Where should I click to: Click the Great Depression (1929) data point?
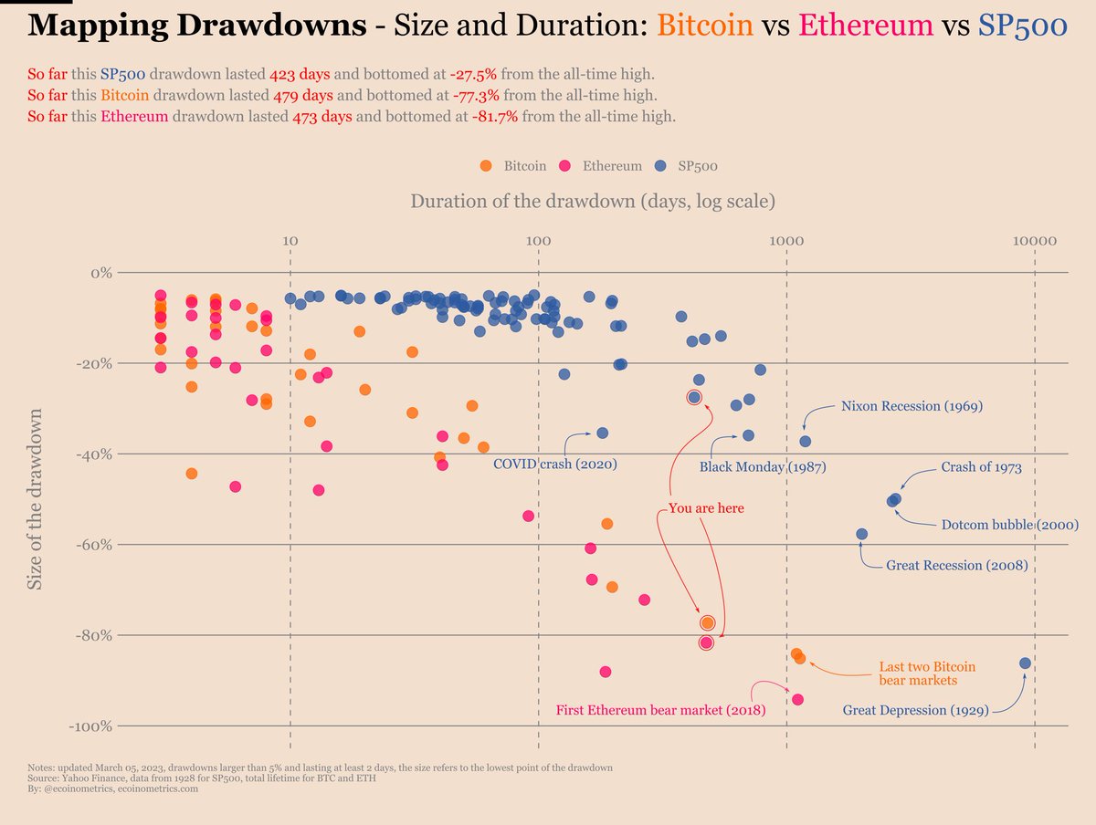click(1025, 663)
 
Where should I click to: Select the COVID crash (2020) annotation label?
click(554, 465)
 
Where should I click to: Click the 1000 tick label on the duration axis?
click(785, 241)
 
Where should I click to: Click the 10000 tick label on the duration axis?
click(1034, 241)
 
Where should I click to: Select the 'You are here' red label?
click(706, 508)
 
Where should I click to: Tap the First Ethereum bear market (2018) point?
click(797, 699)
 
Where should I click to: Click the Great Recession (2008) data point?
click(861, 534)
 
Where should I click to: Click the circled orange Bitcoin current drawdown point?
click(707, 622)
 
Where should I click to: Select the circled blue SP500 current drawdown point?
click(694, 397)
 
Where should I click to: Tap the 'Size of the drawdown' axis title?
click(35, 498)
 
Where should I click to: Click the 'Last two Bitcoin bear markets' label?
click(927, 674)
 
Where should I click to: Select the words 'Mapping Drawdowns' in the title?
click(197, 25)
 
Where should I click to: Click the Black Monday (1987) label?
click(763, 467)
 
